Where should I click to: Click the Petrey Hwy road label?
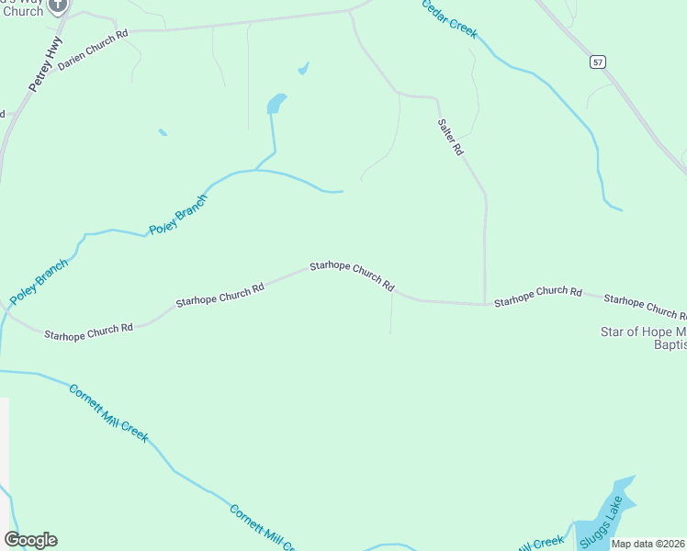(45, 63)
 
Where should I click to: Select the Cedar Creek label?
(449, 18)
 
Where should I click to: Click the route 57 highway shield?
(598, 62)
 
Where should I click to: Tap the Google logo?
(30, 540)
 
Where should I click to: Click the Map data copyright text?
(648, 544)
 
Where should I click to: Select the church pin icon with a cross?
(57, 5)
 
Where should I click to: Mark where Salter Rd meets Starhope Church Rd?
(485, 304)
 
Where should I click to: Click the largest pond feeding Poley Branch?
(276, 104)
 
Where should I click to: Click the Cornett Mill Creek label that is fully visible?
(108, 413)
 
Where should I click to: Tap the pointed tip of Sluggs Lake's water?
(633, 477)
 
